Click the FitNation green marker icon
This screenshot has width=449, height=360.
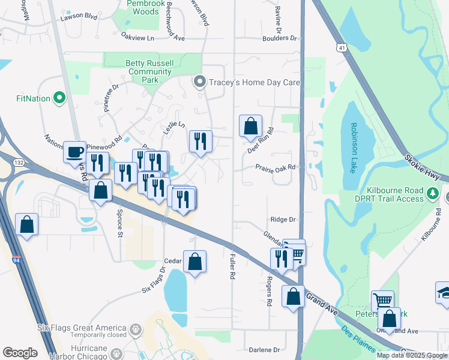pos(59,97)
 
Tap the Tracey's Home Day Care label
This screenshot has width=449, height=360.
pos(254,82)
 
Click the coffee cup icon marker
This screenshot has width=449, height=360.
pos(75,152)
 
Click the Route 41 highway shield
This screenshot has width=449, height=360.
pos(341,46)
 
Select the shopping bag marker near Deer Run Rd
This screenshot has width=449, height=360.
pos(251,126)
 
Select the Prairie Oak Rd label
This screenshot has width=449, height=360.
pos(276,167)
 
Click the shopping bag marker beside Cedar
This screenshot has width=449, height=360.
pos(194,262)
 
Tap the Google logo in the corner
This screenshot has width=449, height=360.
pos(20,352)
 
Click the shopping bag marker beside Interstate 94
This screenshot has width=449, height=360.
pos(27,225)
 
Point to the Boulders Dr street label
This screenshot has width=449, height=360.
pos(279,38)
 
